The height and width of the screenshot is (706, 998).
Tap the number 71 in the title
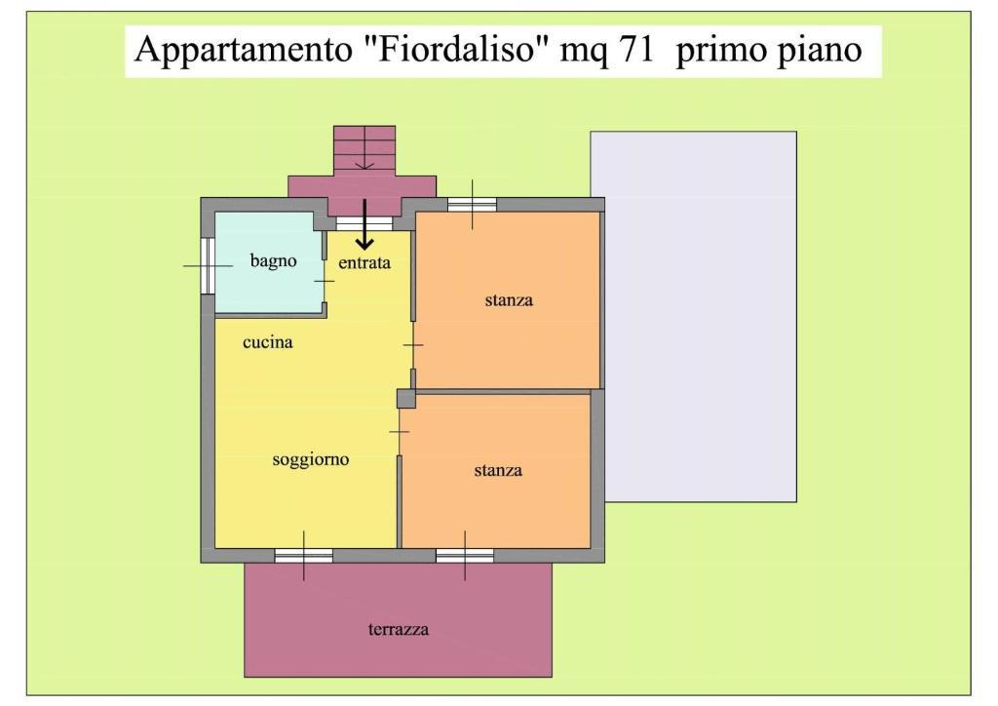tap(635, 49)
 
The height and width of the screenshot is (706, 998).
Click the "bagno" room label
tap(273, 261)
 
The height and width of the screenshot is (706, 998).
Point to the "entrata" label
tap(365, 262)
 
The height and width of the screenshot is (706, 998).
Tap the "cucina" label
tap(267, 342)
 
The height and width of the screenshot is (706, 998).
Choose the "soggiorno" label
tap(311, 459)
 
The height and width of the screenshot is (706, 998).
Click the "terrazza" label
tap(399, 630)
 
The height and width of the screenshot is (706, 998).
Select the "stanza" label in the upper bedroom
tap(509, 299)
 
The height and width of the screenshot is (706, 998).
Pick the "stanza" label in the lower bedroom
tap(498, 470)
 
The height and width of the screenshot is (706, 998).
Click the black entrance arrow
tap(365, 224)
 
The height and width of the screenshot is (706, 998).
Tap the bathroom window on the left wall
tap(208, 265)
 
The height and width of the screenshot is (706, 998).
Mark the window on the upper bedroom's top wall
tap(472, 205)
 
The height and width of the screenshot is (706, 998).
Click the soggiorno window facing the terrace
tap(304, 556)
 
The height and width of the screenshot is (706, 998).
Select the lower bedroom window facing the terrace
tap(465, 556)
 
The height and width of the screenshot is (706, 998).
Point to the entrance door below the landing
tap(365, 223)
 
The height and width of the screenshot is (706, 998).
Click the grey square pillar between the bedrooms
tap(406, 399)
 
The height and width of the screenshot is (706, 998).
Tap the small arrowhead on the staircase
tap(365, 166)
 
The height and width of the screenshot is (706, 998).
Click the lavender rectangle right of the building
tap(694, 316)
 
